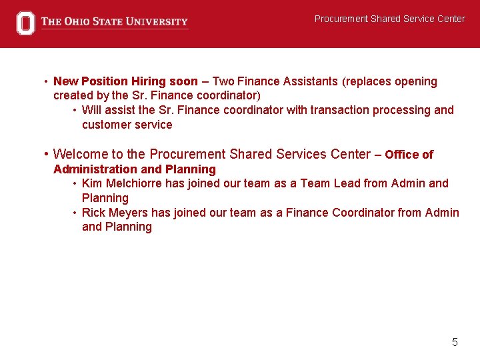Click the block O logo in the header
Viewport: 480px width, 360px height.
[25, 23]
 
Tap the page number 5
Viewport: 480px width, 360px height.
[455, 342]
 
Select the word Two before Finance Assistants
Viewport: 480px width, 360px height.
[224, 81]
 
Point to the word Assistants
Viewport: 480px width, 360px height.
[311, 81]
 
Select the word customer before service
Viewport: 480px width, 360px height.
[107, 125]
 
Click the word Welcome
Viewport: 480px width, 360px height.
[81, 154]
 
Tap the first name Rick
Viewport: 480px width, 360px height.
[94, 213]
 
